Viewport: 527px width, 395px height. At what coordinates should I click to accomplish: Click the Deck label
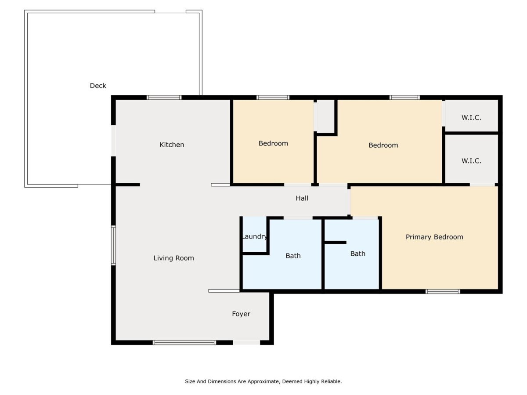[x=98, y=86]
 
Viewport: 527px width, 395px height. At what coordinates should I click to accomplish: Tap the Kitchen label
[x=172, y=145]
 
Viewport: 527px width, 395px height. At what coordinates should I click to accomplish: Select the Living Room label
[x=173, y=258]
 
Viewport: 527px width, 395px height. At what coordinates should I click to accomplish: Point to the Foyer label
[x=241, y=314]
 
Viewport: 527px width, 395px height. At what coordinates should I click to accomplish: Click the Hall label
[x=302, y=198]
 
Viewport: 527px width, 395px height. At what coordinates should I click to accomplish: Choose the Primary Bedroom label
[x=434, y=237]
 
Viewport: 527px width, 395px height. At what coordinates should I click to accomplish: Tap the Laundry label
[x=254, y=237]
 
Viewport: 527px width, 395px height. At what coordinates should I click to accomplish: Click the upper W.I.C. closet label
[x=471, y=118]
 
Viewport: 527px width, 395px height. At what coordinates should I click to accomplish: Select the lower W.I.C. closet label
[x=471, y=161]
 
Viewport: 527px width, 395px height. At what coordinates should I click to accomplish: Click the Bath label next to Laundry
[x=293, y=256]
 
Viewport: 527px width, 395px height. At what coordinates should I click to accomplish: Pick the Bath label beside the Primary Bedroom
[x=358, y=254]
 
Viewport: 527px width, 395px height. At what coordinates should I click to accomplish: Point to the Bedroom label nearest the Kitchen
[x=273, y=143]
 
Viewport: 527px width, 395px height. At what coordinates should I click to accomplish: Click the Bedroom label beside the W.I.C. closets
[x=383, y=145]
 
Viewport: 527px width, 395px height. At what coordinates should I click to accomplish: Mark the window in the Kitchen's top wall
[x=164, y=97]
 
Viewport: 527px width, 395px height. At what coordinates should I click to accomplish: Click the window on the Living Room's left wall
[x=113, y=246]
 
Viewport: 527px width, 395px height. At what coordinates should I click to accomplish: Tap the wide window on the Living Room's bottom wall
[x=184, y=343]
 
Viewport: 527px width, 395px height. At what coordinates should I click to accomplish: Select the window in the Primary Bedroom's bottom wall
[x=443, y=291]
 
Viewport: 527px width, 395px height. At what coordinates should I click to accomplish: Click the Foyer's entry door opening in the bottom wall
[x=246, y=343]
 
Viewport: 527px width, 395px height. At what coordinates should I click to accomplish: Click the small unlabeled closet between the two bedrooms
[x=326, y=116]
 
